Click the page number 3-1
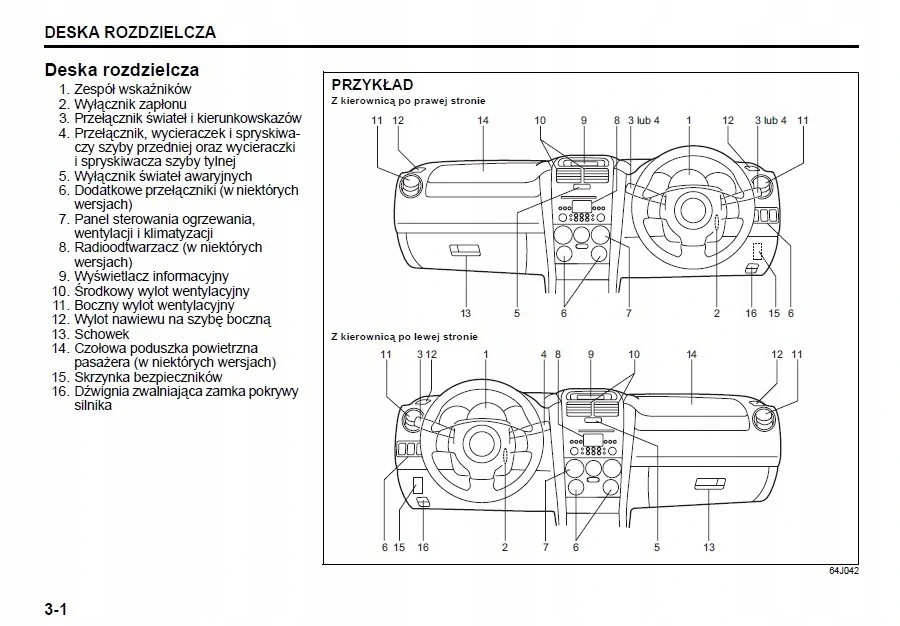click(56, 609)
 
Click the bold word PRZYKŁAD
click(373, 85)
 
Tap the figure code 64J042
click(844, 571)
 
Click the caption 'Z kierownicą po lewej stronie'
click(404, 337)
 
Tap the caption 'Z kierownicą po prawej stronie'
click(408, 101)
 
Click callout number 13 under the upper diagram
click(465, 313)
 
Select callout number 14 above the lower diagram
click(692, 355)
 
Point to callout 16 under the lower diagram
click(423, 547)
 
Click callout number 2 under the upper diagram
click(717, 313)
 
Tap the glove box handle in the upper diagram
click(465, 250)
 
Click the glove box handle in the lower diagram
click(710, 484)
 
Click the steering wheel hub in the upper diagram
click(689, 208)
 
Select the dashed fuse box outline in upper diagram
click(758, 251)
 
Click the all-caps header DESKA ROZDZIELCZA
click(130, 32)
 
